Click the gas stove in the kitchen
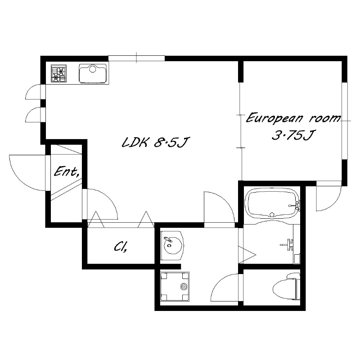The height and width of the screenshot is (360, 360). [x=58, y=73]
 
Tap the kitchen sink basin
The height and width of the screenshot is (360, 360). [x=93, y=73]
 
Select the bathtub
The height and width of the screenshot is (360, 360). [x=272, y=203]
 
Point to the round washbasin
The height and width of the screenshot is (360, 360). [x=172, y=245]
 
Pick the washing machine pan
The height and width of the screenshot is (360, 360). [x=175, y=287]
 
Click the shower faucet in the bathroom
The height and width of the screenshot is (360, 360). [x=287, y=244]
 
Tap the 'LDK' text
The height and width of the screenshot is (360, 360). [x=134, y=143]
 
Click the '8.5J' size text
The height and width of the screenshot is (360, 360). [x=171, y=143]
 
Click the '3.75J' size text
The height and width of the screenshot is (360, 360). [x=292, y=135]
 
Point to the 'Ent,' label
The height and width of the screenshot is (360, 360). [x=67, y=172]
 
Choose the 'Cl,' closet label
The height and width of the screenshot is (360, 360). [x=121, y=247]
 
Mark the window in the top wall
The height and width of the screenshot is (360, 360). [x=137, y=58]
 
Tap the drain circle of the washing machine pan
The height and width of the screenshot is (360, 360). [x=183, y=286]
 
